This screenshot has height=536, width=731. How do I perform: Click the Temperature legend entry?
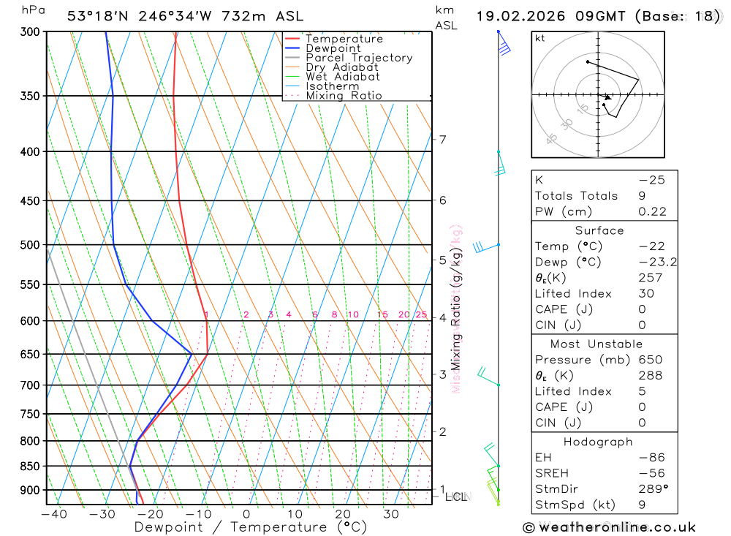click(344, 39)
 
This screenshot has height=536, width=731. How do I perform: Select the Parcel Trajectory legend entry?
click(359, 58)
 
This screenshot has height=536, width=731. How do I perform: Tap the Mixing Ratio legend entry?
click(344, 96)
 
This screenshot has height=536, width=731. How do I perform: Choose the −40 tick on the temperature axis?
click(53, 514)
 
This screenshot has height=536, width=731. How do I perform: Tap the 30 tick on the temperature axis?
click(391, 514)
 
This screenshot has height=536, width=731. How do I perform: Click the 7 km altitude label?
click(442, 140)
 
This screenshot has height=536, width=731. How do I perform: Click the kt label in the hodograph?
click(540, 38)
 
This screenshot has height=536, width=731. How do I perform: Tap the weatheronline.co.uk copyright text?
click(609, 527)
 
